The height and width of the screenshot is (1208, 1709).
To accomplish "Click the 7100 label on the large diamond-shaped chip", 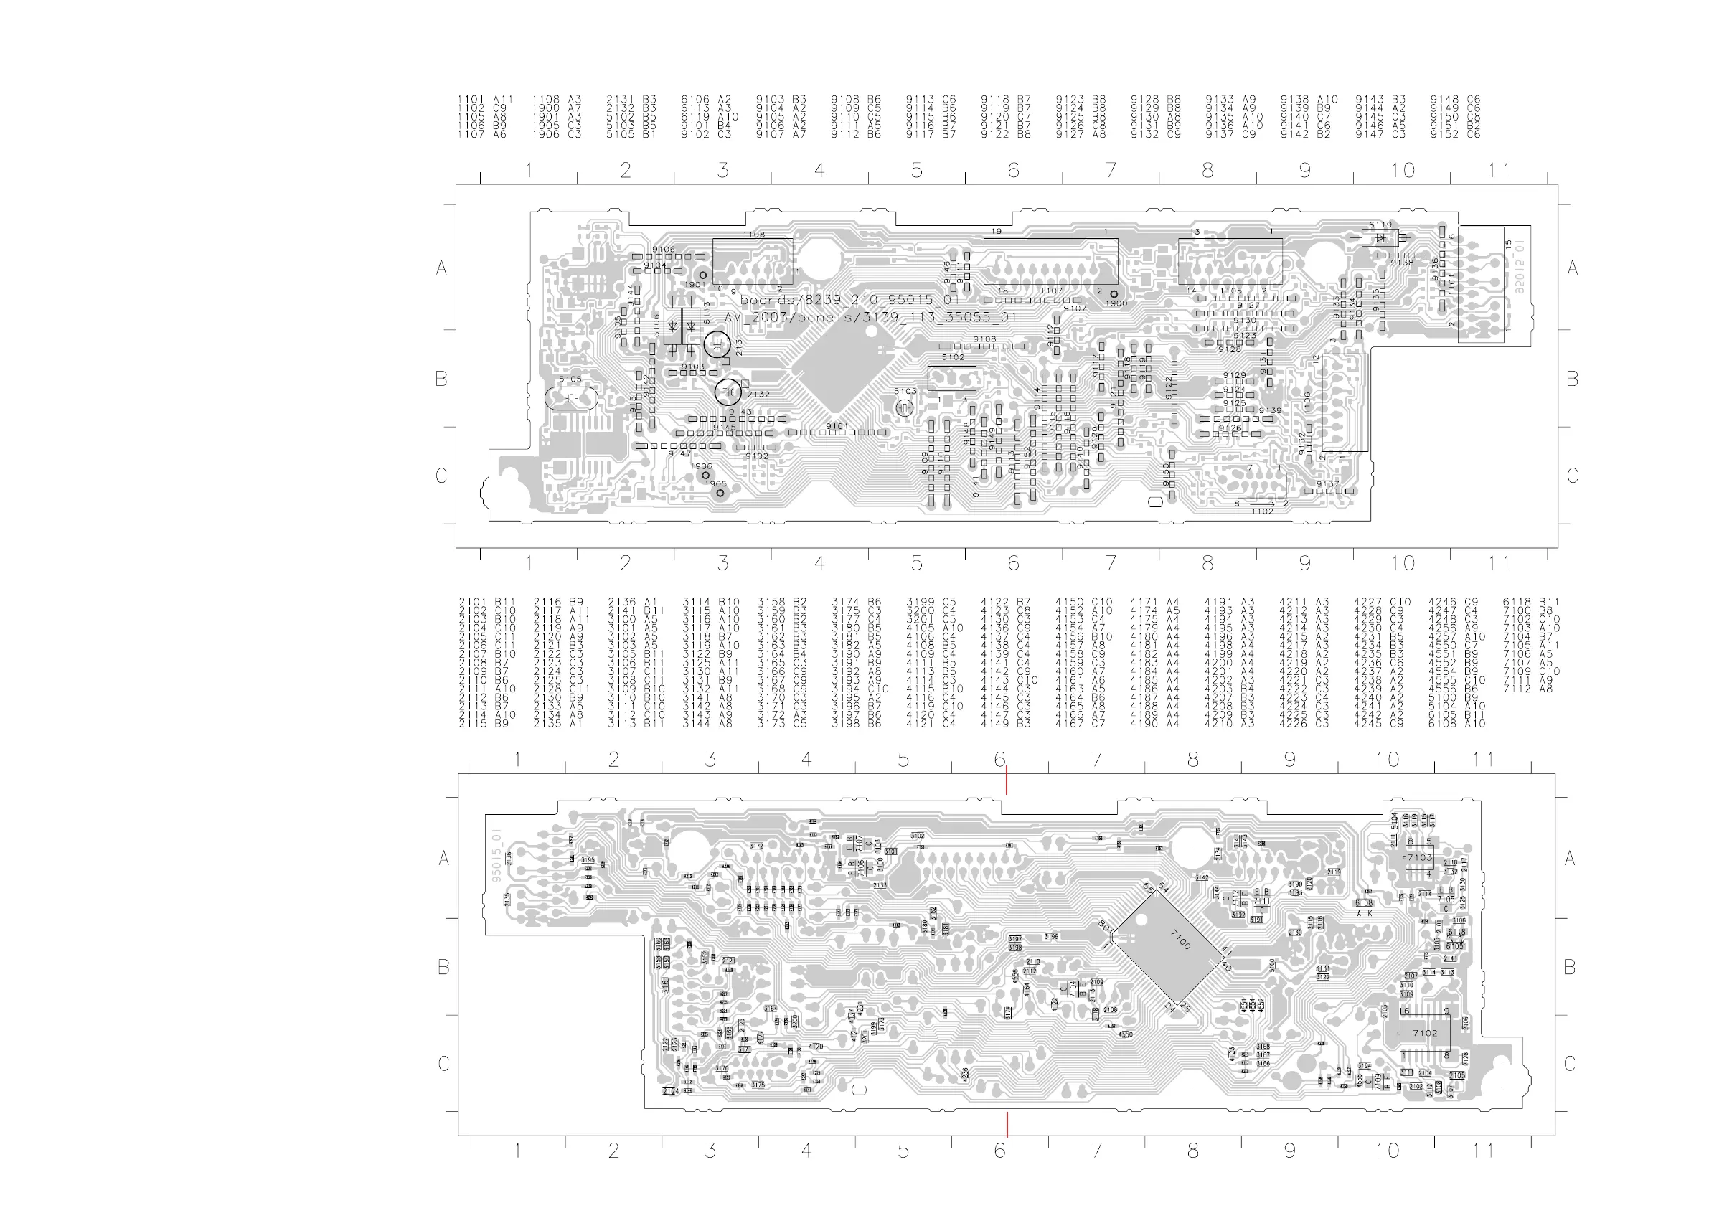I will pyautogui.click(x=1180, y=939).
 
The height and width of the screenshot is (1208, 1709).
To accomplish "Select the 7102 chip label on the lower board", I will pyautogui.click(x=1425, y=1033).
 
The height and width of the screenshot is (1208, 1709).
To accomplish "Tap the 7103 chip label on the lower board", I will pyautogui.click(x=1419, y=857).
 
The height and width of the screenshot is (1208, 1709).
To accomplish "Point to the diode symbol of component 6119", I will pyautogui.click(x=1380, y=238).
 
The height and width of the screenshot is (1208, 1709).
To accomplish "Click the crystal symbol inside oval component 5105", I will pyautogui.click(x=571, y=399).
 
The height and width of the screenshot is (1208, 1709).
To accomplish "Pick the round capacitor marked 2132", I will pyautogui.click(x=728, y=392).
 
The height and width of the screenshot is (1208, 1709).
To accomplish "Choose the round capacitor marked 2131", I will pyautogui.click(x=717, y=344).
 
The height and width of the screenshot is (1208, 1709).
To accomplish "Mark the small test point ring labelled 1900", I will pyautogui.click(x=1114, y=295).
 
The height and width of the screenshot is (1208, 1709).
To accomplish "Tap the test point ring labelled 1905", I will pyautogui.click(x=720, y=493).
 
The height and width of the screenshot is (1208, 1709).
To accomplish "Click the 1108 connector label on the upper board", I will pyautogui.click(x=753, y=235).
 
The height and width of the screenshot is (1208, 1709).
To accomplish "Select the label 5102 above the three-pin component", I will pyautogui.click(x=953, y=357).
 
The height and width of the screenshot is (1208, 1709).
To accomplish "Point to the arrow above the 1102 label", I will pyautogui.click(x=1271, y=504).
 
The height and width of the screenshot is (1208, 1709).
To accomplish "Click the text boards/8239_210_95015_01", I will pyautogui.click(x=849, y=300).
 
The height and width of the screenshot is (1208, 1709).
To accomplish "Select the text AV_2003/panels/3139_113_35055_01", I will pyautogui.click(x=870, y=317).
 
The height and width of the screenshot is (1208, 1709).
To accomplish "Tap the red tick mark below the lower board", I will pyautogui.click(x=1007, y=1124).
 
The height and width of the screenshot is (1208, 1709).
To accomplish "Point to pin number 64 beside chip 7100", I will pyautogui.click(x=1164, y=887).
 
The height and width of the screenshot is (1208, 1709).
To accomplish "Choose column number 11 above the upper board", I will pyautogui.click(x=1498, y=171).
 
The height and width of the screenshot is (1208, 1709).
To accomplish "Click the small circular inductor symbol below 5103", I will pyautogui.click(x=905, y=408).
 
